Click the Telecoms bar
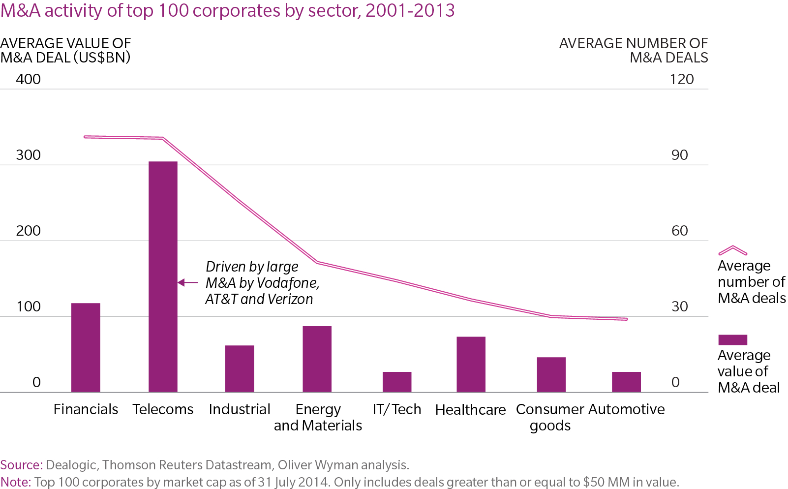(x=163, y=276)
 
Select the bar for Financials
(x=86, y=347)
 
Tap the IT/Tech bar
(x=397, y=382)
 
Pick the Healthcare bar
(x=471, y=364)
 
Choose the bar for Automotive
(x=626, y=382)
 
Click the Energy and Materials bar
(x=317, y=359)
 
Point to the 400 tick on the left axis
(x=28, y=79)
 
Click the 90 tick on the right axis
(x=679, y=155)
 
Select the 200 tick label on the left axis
(x=28, y=231)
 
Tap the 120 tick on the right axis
(x=682, y=79)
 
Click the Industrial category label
(x=240, y=409)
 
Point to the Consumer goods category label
(x=550, y=417)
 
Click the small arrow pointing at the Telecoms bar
(x=187, y=282)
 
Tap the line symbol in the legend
(x=732, y=250)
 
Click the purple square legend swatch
(x=732, y=339)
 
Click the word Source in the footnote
(x=21, y=465)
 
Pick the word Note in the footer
(x=15, y=482)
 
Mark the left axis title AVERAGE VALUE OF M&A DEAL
(x=65, y=50)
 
